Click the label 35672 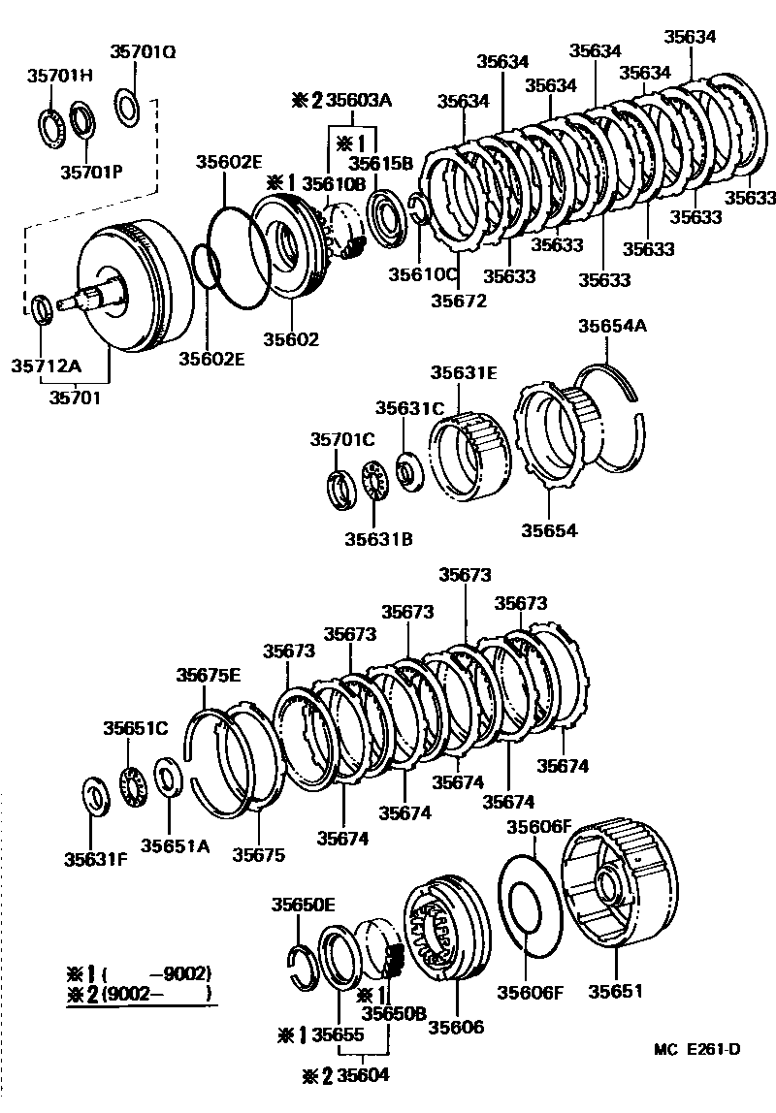click(460, 299)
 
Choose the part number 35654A click(612, 327)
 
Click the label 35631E click(464, 371)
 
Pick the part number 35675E click(208, 675)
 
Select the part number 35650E click(303, 905)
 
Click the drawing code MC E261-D click(696, 1049)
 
